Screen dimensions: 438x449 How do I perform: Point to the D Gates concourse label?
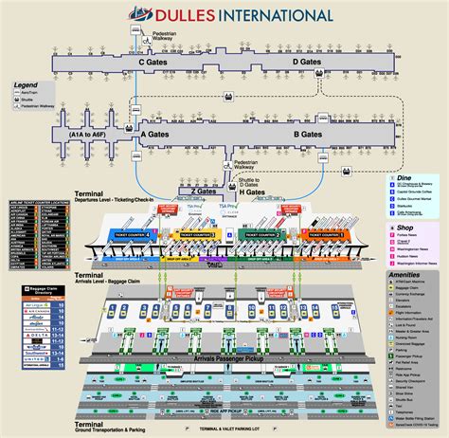[x=308, y=62]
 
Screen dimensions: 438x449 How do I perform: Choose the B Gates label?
[x=309, y=136]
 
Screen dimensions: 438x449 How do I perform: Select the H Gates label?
[x=252, y=192]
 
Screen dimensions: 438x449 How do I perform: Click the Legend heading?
[x=26, y=85]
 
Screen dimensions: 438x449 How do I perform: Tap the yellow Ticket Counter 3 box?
[x=200, y=233]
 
